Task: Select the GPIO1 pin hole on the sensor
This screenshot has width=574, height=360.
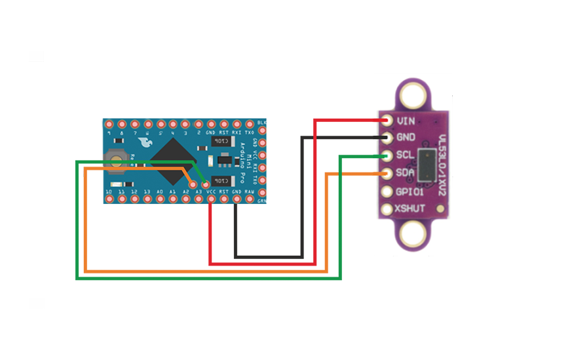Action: point(387,192)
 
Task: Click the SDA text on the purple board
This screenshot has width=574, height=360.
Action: point(405,174)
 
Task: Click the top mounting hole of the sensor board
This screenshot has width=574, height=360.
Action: point(411,96)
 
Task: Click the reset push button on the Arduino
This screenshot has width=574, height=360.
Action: point(116,158)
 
